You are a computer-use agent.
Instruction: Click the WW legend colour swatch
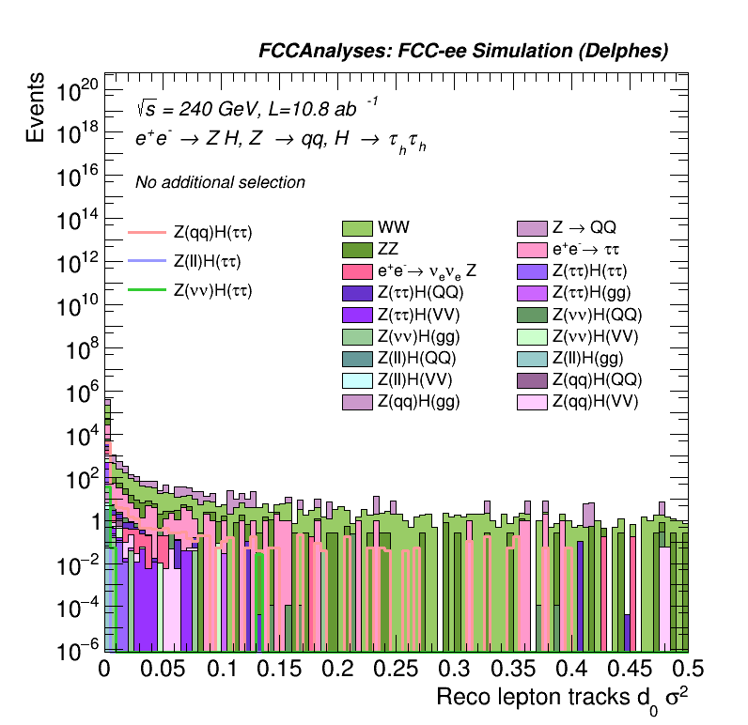[x=357, y=227]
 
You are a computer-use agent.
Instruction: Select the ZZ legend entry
[x=357, y=249]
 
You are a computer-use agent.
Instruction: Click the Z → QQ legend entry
[x=533, y=227]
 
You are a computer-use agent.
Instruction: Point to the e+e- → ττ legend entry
[x=533, y=249]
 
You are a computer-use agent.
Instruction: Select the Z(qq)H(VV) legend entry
[x=533, y=402]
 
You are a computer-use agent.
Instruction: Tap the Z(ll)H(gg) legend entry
[x=533, y=358]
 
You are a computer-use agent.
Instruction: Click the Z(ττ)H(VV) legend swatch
[x=357, y=315]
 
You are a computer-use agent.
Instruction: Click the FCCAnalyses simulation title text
[x=463, y=53]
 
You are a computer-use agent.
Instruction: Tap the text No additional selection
[x=220, y=182]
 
